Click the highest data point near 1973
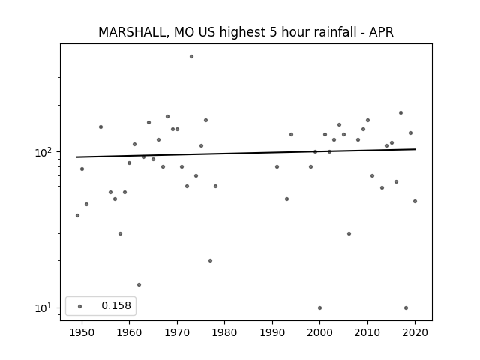click(x=192, y=57)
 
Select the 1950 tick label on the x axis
click(x=82, y=332)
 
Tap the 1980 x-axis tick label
click(x=225, y=332)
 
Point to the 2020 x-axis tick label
click(x=415, y=332)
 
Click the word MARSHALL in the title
click(x=133, y=32)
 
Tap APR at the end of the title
click(x=381, y=32)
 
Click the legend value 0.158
click(x=116, y=305)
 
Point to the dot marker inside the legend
click(x=80, y=306)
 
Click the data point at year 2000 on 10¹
click(x=320, y=308)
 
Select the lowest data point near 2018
click(x=406, y=308)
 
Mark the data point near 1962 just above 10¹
click(x=139, y=285)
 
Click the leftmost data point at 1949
click(x=77, y=216)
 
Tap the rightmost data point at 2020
click(x=415, y=202)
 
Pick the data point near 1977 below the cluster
click(x=210, y=261)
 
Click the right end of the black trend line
click(x=415, y=149)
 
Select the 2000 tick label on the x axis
click(x=320, y=332)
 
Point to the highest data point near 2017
click(x=400, y=113)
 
